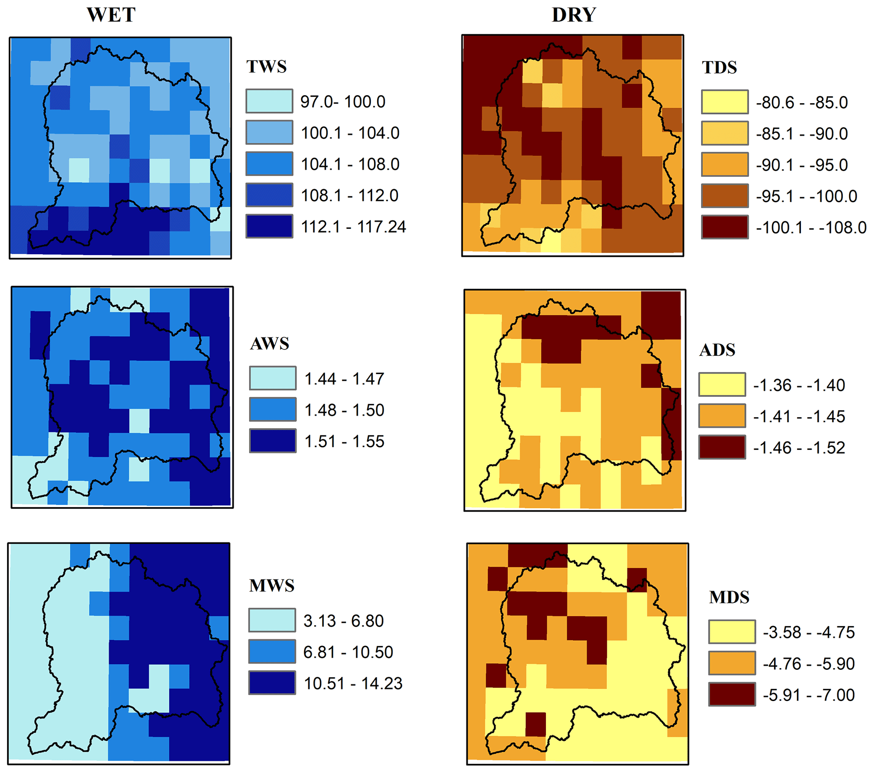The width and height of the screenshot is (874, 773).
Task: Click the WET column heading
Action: click(x=111, y=15)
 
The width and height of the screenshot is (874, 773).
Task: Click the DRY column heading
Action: click(x=573, y=15)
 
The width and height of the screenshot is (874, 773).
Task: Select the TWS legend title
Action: click(x=266, y=67)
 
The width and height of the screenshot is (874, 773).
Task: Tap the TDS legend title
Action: click(x=720, y=68)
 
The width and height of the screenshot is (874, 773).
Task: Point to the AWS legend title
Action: click(x=270, y=344)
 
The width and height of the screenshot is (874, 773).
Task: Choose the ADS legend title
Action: click(x=718, y=350)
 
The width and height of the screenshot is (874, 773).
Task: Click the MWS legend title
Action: click(x=272, y=586)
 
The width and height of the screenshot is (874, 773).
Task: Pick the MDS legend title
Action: click(x=729, y=597)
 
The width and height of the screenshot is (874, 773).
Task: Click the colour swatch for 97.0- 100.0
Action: click(x=269, y=101)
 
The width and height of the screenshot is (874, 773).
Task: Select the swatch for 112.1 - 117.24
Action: click(x=269, y=226)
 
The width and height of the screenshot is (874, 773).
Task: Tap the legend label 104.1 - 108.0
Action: click(x=350, y=164)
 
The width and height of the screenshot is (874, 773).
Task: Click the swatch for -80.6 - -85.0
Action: click(x=725, y=102)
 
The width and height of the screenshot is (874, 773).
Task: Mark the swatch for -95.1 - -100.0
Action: click(x=725, y=196)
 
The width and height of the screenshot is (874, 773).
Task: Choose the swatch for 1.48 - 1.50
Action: click(x=273, y=410)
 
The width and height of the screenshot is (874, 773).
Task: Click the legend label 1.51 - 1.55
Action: click(x=344, y=441)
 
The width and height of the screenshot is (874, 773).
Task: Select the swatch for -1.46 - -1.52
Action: click(x=722, y=447)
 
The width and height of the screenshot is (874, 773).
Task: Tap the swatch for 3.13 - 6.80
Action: click(x=272, y=620)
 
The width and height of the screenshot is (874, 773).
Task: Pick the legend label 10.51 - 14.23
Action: click(x=353, y=684)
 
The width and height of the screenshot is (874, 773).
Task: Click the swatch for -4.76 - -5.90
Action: click(x=732, y=663)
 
